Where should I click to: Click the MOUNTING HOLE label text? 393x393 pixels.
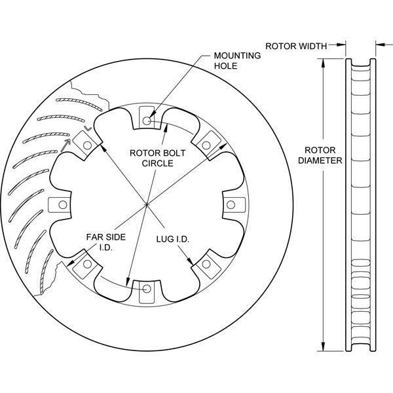237,61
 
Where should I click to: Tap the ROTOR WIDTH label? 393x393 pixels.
296,47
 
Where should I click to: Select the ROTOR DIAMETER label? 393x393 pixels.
320,155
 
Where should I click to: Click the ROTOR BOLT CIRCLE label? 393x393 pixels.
157,158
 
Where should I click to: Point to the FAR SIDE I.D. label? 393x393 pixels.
105,242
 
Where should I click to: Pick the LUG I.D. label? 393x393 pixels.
173,239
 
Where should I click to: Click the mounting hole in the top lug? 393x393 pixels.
147,121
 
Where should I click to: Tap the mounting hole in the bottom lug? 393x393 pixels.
147,289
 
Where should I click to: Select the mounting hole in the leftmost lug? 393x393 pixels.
63,205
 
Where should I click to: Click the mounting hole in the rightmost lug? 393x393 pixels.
231,205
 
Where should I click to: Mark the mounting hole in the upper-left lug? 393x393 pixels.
87,145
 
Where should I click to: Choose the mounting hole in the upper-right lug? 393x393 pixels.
206,145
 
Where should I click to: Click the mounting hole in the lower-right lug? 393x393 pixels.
206,264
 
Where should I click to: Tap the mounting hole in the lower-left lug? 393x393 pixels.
87,264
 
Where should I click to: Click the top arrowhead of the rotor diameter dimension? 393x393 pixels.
324,63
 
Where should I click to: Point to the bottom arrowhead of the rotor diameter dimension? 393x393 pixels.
324,346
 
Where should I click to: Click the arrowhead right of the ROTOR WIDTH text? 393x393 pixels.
341,45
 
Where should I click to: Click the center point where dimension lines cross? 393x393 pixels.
146,205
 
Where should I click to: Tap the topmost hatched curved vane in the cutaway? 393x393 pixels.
79,103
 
